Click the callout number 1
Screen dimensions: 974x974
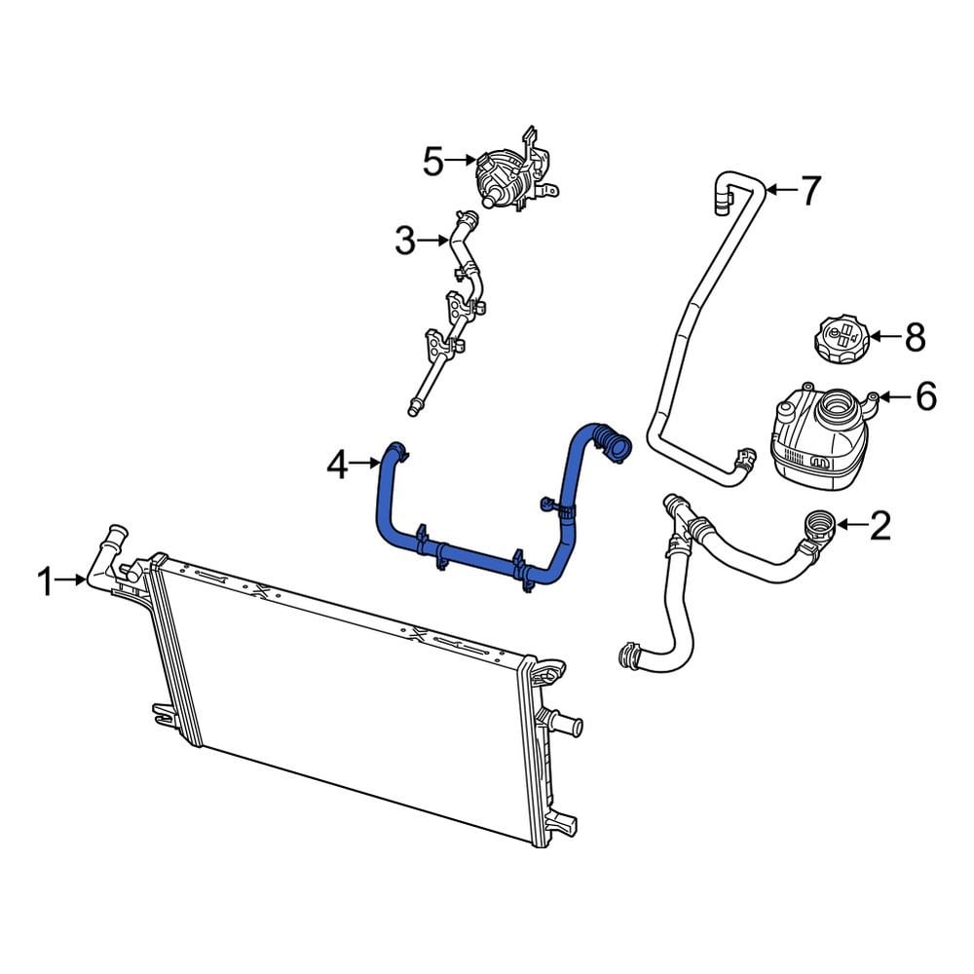pos(44,582)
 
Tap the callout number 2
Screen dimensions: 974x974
pos(880,527)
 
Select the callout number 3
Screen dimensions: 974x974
pos(404,240)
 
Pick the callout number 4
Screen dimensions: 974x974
pos(336,467)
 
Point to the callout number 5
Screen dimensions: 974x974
pos(432,162)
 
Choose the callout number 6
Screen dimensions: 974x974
pos(925,396)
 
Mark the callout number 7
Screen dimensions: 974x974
pos(811,190)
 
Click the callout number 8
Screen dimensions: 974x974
pos(915,337)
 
